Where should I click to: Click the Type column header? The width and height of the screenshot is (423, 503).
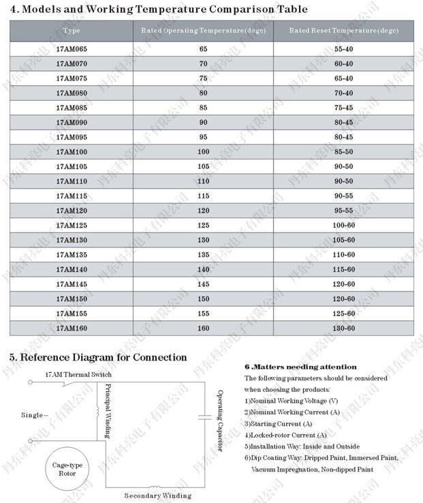[71, 31]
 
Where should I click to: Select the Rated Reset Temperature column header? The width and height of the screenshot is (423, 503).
[343, 31]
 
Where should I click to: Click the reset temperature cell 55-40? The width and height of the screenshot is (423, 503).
[343, 49]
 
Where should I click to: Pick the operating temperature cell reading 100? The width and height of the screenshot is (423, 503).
[203, 151]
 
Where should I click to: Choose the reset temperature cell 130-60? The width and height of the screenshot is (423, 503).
[343, 329]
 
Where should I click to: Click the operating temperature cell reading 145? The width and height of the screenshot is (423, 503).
[203, 284]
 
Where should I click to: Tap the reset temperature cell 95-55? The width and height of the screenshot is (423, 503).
[343, 211]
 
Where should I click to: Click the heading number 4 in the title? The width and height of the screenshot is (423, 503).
[13, 10]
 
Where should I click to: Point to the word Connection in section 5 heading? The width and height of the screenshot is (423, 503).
[159, 357]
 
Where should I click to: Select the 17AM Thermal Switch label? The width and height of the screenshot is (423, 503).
[78, 375]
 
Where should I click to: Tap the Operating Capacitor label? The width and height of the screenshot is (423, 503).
[220, 421]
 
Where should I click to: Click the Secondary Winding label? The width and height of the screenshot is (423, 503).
[157, 496]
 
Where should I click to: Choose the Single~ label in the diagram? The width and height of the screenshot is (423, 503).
[35, 414]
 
